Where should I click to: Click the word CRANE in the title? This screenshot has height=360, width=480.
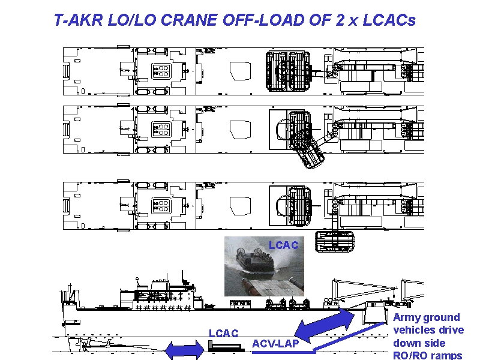(189, 20)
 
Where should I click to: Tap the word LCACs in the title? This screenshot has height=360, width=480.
(389, 20)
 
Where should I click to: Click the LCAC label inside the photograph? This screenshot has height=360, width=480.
(283, 245)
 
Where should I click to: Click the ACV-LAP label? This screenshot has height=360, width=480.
(275, 343)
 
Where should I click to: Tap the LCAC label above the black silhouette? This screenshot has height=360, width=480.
(223, 333)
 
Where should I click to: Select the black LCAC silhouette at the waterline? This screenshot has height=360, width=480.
(226, 347)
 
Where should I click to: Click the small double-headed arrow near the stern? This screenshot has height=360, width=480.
(185, 350)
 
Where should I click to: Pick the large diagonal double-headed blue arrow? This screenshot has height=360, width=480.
(325, 325)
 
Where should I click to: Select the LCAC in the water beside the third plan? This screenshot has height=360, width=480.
(335, 242)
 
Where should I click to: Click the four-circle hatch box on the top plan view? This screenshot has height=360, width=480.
(161, 71)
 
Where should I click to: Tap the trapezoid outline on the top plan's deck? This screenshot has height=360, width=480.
(241, 71)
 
